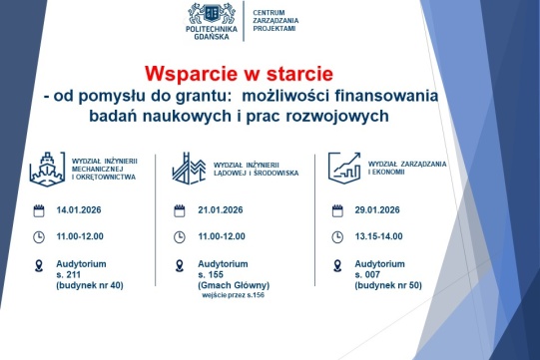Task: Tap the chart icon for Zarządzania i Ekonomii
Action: coord(344,166)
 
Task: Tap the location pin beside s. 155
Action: coord(181,266)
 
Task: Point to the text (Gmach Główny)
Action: coord(234,285)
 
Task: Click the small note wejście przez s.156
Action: coord(236,295)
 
